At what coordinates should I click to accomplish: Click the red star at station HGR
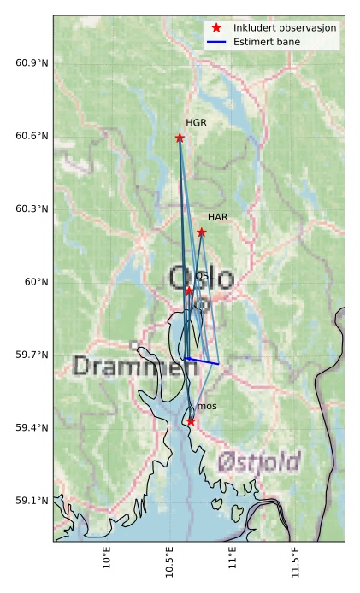pos(180,138)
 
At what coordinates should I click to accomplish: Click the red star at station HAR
pos(202,232)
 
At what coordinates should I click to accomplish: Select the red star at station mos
pos(191,421)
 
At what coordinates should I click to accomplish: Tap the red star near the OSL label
pos(189,291)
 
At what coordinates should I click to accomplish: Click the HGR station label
pos(196,123)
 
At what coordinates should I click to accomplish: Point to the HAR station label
pos(217,218)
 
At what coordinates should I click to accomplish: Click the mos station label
pos(206,407)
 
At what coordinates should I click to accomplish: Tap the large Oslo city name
pos(200,279)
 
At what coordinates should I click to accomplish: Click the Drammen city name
pos(128,367)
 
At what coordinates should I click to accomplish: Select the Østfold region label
pos(258,462)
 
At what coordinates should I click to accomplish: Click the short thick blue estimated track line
pos(202,361)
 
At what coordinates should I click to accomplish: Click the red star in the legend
pos(216,28)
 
